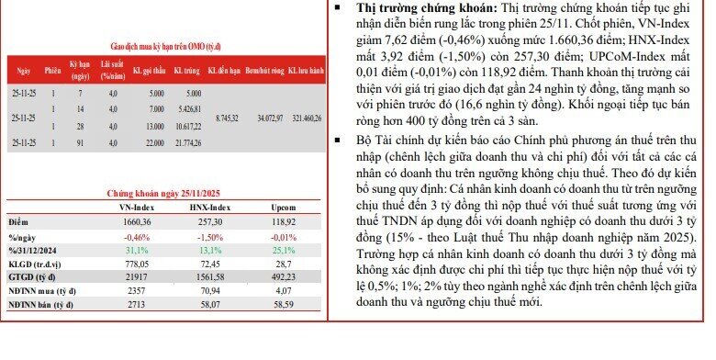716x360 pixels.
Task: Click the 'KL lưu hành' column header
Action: (307, 70)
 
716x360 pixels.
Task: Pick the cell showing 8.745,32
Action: (224, 118)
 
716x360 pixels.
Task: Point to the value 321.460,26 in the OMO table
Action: (307, 118)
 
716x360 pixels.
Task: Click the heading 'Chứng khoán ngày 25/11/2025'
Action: (162, 194)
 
